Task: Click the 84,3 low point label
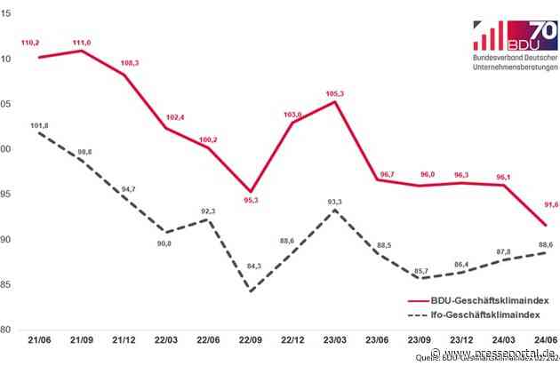(252, 266)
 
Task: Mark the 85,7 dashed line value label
(419, 270)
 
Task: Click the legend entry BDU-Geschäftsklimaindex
(480, 301)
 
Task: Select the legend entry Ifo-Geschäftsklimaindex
(481, 314)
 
